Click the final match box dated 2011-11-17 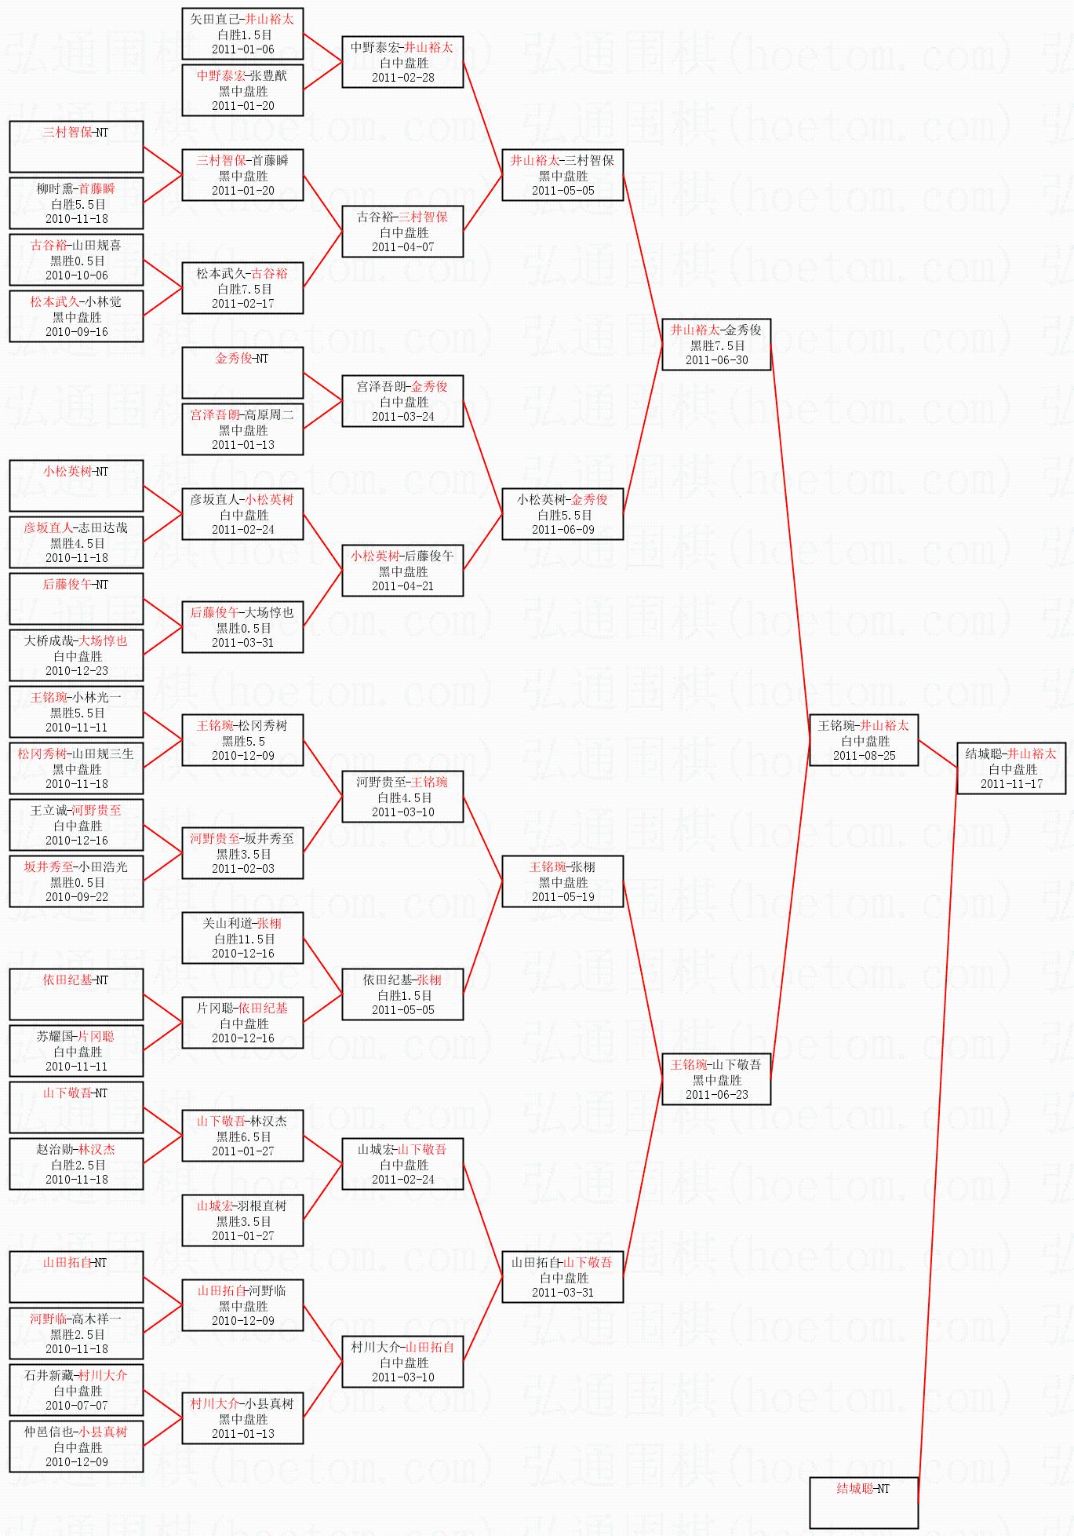click(x=1011, y=768)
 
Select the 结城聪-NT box click(x=863, y=1502)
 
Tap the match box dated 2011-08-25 click(x=864, y=740)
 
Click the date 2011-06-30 click(x=716, y=360)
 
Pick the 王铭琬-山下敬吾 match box click(x=716, y=1079)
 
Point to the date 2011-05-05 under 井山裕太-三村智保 click(x=562, y=191)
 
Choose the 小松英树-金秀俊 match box click(x=562, y=514)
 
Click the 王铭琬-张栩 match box click(x=562, y=881)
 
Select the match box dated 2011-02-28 click(x=402, y=62)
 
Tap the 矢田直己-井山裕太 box click(x=242, y=34)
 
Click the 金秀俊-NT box click(x=242, y=372)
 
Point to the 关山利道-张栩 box click(x=242, y=938)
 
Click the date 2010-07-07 click(x=76, y=1405)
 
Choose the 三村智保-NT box click(x=76, y=146)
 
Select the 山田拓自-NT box click(x=76, y=1276)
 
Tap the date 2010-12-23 click(x=76, y=671)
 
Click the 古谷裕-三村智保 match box click(x=402, y=232)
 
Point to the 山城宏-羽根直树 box click(x=242, y=1220)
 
